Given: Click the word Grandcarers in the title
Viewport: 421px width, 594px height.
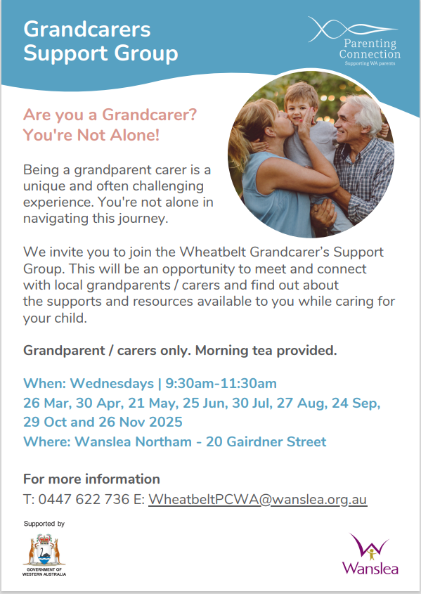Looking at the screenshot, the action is (x=87, y=30).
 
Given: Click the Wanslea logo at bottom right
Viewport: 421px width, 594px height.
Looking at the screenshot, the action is (x=370, y=553).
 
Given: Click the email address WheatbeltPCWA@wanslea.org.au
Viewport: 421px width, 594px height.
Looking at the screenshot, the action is (x=257, y=499).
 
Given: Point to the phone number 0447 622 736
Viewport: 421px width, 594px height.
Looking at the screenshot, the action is (x=84, y=499).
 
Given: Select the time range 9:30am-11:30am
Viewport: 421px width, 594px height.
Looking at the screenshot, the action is (x=221, y=383).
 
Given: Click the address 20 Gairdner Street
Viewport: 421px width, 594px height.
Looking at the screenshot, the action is (x=266, y=441).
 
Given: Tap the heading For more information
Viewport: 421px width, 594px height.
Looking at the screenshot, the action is (x=91, y=479).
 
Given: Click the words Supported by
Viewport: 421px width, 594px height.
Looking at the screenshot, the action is (x=44, y=524).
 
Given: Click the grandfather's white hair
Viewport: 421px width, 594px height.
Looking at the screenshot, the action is (x=363, y=110).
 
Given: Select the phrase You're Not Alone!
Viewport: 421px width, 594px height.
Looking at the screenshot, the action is (x=91, y=135).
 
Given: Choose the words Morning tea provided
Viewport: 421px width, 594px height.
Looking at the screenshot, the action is (x=266, y=351).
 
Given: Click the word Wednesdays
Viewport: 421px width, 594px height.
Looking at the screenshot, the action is (x=112, y=383).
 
